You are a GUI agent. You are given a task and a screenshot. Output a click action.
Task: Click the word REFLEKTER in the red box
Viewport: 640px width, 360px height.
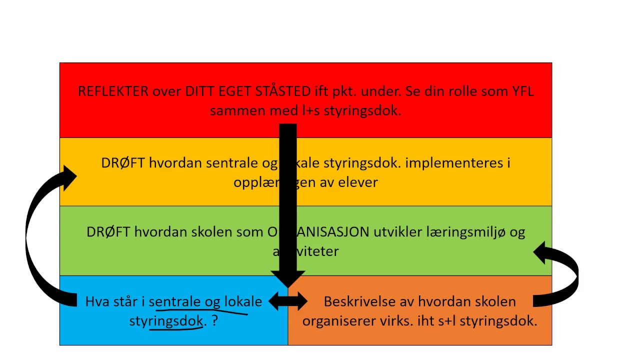[113, 91]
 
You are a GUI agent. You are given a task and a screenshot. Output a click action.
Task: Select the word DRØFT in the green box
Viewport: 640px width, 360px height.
[109, 232]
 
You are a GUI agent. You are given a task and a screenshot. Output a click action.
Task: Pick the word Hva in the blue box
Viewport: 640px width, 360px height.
[97, 301]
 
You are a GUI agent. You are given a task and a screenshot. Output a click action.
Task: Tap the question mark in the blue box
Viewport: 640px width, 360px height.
[215, 320]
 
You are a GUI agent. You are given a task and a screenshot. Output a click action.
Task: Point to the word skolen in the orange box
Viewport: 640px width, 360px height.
[494, 301]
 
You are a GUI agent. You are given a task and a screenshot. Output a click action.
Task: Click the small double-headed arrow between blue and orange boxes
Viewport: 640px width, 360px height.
[288, 301]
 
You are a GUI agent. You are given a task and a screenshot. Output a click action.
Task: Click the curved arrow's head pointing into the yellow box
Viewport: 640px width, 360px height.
[68, 176]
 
